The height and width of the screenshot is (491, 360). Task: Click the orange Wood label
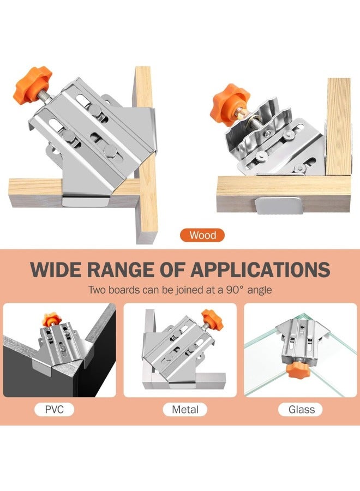coord(203,236)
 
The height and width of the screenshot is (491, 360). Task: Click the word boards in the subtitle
coord(129,290)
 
